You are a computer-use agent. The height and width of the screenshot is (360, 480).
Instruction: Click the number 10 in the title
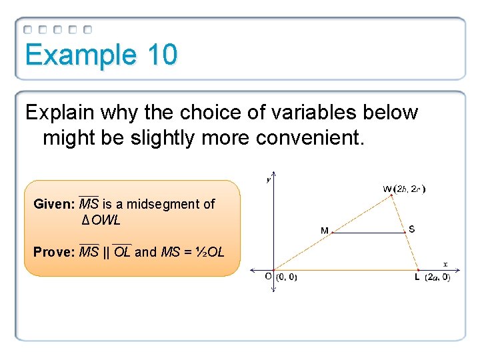163,55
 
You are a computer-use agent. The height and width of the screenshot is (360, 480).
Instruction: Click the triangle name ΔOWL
101,220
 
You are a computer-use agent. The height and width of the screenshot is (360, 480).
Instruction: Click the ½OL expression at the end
210,252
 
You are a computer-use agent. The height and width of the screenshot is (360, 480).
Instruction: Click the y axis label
269,179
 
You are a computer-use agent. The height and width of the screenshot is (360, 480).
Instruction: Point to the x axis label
445,263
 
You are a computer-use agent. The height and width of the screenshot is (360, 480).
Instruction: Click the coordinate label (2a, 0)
437,277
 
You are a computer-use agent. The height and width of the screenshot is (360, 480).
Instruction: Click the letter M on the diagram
324,231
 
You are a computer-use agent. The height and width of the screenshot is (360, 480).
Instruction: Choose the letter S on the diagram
412,229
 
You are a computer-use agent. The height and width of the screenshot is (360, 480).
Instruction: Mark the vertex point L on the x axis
418,270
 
